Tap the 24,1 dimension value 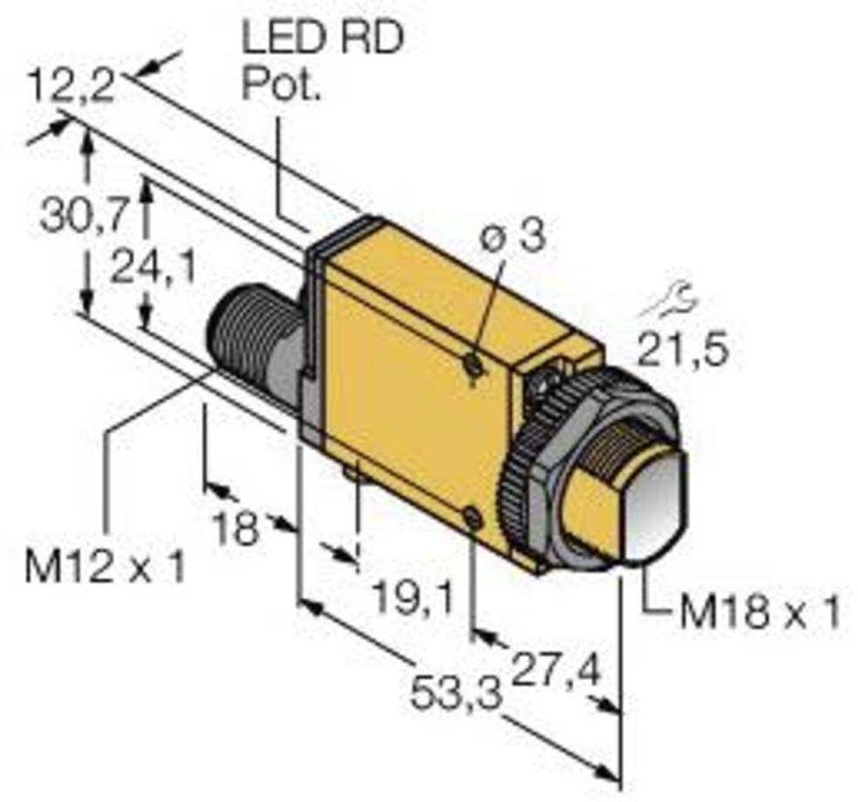153,271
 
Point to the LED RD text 321,40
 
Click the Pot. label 281,85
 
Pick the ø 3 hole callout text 514,237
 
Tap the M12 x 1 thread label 105,568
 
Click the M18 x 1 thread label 759,614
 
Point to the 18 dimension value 238,527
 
